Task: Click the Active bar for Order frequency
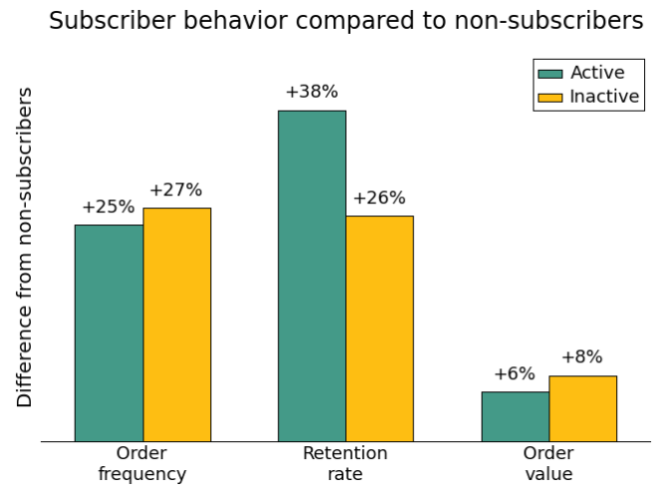[109, 333]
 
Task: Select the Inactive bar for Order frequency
[176, 325]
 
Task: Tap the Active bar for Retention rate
[312, 276]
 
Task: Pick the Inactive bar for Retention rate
[379, 329]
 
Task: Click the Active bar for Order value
[515, 416]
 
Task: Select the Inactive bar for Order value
[582, 408]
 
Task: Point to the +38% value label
[312, 92]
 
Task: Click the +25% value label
[108, 207]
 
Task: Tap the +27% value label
[175, 190]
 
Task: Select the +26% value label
[378, 198]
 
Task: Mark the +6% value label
[514, 374]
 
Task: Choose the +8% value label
[581, 358]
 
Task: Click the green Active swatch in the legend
[550, 74]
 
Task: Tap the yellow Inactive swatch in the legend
[550, 97]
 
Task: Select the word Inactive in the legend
[604, 97]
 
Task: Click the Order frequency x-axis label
[142, 464]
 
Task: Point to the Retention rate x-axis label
[345, 464]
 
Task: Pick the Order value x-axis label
[549, 464]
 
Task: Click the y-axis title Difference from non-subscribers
[26, 247]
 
